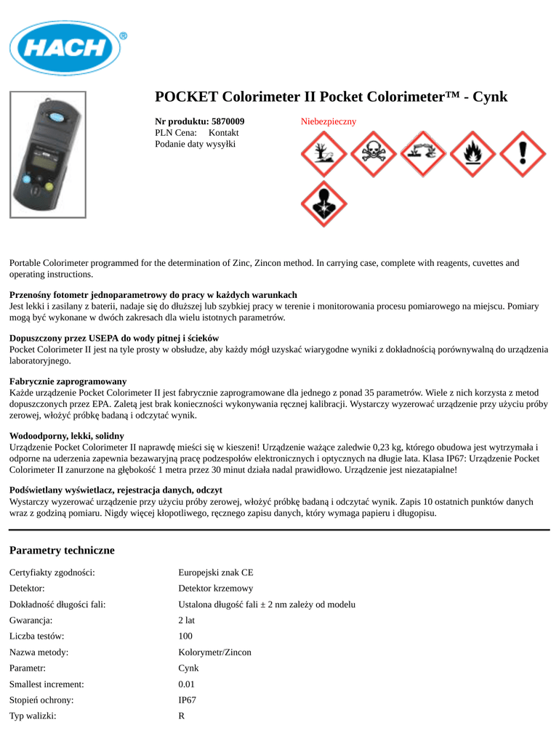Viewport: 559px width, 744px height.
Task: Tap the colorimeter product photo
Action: point(47,154)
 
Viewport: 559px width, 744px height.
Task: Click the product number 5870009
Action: point(227,121)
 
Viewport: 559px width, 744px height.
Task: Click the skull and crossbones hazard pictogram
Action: point(374,154)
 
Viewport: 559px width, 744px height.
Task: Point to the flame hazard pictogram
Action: point(472,154)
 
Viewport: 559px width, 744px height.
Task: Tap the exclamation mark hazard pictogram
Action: point(521,154)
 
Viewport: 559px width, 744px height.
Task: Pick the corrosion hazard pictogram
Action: point(423,154)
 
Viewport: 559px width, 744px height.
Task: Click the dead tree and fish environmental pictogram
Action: point(324,154)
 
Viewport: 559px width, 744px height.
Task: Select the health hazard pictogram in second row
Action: point(324,203)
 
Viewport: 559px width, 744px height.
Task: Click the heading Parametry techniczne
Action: point(62,550)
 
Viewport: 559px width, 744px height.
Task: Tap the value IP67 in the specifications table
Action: point(188,700)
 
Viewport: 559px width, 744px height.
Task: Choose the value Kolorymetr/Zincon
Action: point(215,652)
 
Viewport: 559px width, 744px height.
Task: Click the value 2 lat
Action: point(187,620)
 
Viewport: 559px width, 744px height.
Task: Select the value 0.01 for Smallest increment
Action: point(187,684)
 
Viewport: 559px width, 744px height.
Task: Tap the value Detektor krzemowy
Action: point(216,589)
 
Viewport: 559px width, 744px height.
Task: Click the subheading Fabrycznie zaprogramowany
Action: point(68,381)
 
